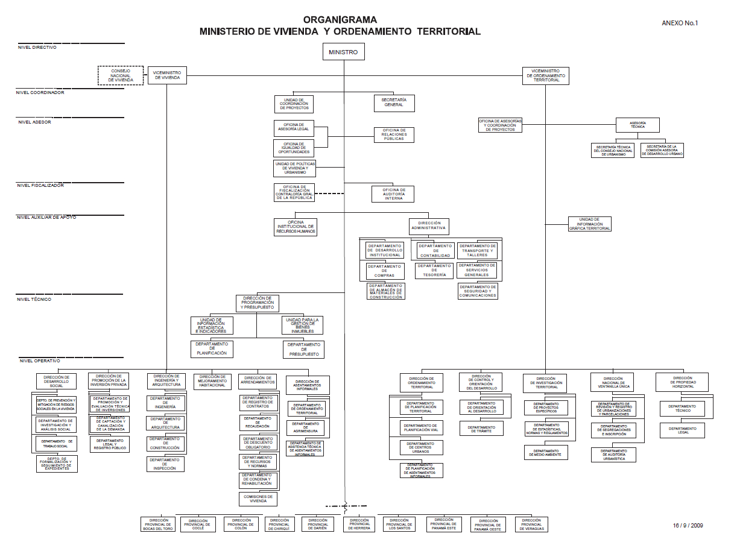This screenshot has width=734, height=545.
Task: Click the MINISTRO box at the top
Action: (343, 52)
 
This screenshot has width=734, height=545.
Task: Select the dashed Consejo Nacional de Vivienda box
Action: (121, 75)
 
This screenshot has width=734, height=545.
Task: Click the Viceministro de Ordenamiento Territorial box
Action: (545, 75)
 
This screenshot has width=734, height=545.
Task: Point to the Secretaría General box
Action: (394, 102)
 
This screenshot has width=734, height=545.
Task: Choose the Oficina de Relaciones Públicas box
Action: (394, 134)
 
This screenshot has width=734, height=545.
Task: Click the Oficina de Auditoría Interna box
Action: (393, 194)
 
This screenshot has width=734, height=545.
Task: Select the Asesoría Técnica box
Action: (638, 125)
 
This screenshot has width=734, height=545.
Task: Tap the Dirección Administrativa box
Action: (429, 226)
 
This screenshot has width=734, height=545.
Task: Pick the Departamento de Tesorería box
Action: (434, 270)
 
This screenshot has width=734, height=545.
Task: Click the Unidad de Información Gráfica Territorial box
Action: (589, 224)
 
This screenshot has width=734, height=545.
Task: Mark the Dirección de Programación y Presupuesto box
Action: (257, 303)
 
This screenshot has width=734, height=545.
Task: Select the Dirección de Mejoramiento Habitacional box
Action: (212, 382)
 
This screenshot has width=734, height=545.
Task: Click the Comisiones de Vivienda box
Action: (258, 499)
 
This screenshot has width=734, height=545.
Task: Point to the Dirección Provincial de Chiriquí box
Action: (280, 525)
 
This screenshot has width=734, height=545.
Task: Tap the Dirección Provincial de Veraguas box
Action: (531, 525)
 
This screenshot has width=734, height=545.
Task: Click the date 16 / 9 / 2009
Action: (688, 525)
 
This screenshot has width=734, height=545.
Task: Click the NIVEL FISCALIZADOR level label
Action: (40, 186)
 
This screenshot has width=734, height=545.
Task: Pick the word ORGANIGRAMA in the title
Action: (340, 20)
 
